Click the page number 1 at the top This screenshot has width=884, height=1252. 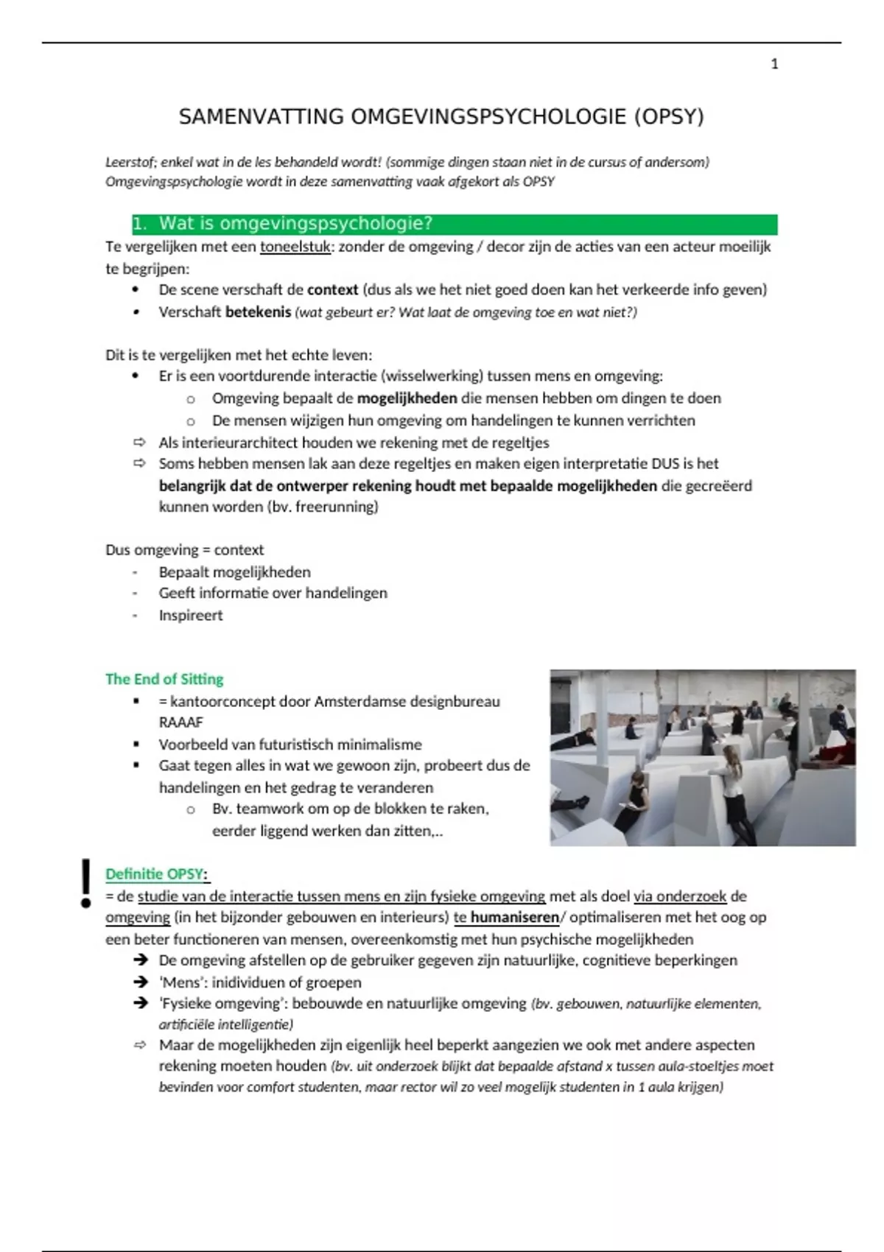(x=774, y=65)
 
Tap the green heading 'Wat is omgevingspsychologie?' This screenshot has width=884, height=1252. (x=295, y=224)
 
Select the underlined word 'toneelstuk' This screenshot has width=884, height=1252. (x=295, y=247)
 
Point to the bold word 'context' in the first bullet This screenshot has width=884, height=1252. (x=332, y=290)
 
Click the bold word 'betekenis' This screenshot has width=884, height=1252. (x=258, y=312)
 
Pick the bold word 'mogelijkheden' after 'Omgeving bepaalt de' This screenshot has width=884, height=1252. (x=407, y=398)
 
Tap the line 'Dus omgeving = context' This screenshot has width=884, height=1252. (x=184, y=550)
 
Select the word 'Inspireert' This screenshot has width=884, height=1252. (x=190, y=616)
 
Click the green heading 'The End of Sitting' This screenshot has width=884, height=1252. (x=164, y=679)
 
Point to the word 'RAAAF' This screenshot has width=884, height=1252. (x=180, y=722)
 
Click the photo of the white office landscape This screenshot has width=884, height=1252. (x=702, y=757)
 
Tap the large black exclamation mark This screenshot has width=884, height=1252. (x=86, y=882)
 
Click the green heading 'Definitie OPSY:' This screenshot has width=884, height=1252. (x=157, y=874)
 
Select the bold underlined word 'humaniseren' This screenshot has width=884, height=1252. (x=514, y=918)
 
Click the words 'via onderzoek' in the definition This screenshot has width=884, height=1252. (x=680, y=896)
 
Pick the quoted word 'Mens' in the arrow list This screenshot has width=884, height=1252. (x=180, y=982)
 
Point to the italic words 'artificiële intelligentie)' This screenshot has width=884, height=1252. (x=225, y=1024)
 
